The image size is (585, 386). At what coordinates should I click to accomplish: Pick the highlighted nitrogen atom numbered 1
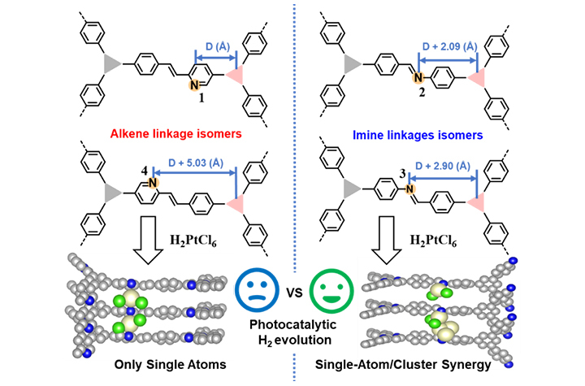193,84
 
